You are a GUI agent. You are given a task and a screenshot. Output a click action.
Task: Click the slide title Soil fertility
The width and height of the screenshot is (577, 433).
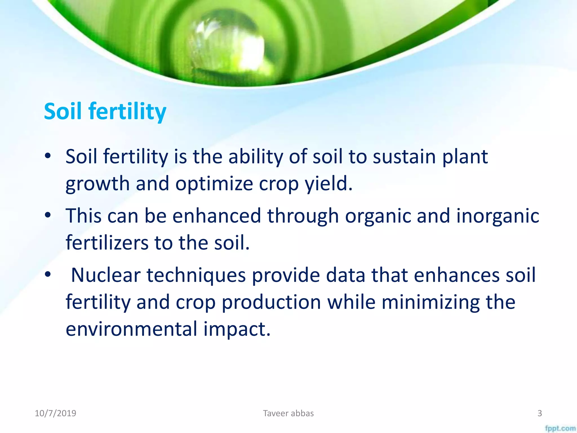[x=105, y=111]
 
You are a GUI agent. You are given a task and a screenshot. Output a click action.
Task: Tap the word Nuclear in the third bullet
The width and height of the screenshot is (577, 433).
[x=106, y=275]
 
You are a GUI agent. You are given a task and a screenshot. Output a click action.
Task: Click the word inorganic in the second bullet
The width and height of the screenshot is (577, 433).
[x=498, y=216]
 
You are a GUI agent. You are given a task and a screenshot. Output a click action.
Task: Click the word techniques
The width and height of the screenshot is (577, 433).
[x=196, y=275]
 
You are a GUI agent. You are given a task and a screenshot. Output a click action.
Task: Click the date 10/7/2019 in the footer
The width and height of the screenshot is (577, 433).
[x=56, y=413]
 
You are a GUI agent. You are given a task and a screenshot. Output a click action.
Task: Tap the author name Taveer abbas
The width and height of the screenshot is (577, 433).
[x=288, y=413]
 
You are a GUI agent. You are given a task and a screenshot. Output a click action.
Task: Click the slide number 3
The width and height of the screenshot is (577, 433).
[x=540, y=413]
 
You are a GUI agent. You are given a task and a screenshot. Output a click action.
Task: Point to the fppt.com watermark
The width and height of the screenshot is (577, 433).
[x=560, y=428]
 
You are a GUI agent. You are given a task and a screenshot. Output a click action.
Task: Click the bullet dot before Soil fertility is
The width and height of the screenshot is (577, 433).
[x=48, y=156]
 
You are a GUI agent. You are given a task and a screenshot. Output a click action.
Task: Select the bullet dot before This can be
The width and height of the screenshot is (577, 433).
[x=48, y=215]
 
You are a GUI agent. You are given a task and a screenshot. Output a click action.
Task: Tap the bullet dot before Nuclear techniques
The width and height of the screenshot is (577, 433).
[x=48, y=274]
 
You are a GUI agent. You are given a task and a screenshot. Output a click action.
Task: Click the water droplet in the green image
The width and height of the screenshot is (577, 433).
[x=225, y=45]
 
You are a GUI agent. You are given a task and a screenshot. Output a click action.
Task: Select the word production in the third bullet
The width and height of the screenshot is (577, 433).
[x=271, y=302]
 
